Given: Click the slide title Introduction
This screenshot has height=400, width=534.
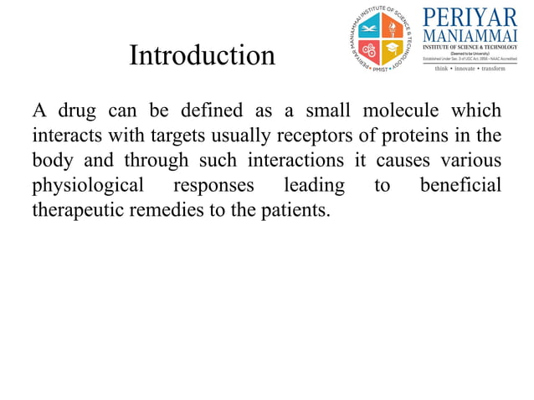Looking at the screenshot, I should pyautogui.click(x=202, y=56).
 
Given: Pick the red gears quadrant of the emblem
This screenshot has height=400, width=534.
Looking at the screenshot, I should pyautogui.click(x=369, y=49).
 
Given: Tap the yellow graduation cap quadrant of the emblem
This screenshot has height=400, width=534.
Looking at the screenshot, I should pyautogui.click(x=393, y=49).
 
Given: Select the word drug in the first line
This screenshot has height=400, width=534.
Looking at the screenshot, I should pyautogui.click(x=75, y=111).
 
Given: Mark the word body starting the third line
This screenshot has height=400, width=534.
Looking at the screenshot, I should pyautogui.click(x=52, y=160).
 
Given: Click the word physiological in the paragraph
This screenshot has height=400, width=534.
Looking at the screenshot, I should pyautogui.click(x=88, y=184).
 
